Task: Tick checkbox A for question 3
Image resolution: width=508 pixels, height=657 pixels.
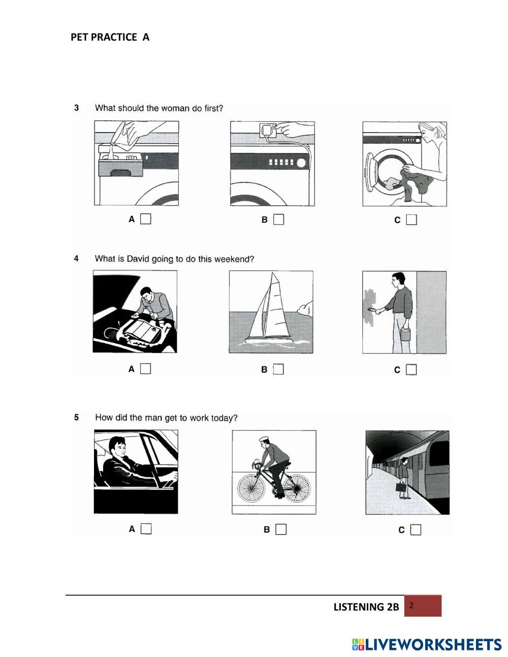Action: [x=146, y=219]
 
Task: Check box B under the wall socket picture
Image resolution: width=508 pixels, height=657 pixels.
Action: [x=278, y=219]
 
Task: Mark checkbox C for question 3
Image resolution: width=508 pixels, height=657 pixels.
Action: [x=411, y=220]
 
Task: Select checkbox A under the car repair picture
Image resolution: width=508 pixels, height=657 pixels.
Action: [x=146, y=369]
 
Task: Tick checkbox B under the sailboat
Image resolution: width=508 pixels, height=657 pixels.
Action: [x=278, y=369]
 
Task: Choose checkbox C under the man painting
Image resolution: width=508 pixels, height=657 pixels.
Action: [x=411, y=370]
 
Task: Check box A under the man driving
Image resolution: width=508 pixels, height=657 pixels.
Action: [x=146, y=529]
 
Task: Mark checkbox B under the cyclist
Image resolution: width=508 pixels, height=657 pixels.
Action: [x=281, y=529]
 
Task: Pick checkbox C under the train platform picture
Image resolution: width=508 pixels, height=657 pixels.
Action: [x=416, y=530]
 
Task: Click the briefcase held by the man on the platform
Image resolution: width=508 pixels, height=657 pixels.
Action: [x=401, y=487]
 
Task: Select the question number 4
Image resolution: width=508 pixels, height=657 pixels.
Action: [x=76, y=258]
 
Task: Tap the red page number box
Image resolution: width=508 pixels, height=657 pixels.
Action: [x=423, y=606]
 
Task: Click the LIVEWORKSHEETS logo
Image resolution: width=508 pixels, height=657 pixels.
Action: [x=427, y=644]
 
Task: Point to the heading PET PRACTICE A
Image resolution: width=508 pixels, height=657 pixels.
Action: [x=110, y=37]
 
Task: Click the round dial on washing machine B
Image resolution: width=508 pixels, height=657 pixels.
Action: [x=301, y=163]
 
